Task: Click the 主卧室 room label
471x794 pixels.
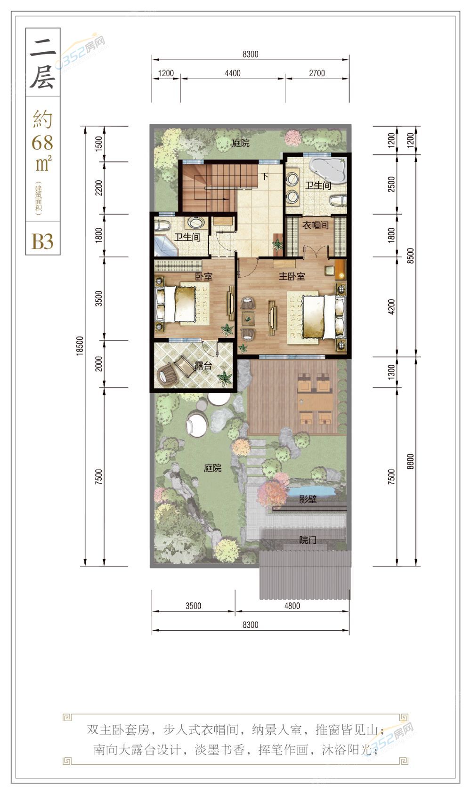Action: click(292, 276)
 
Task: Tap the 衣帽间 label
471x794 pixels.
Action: click(315, 225)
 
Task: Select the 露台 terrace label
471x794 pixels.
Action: click(203, 365)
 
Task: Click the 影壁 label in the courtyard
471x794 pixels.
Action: click(308, 499)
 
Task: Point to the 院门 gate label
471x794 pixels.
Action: click(308, 540)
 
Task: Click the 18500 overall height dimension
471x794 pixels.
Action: click(80, 345)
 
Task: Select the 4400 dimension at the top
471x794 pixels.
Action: click(233, 73)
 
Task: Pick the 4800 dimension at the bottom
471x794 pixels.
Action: click(292, 606)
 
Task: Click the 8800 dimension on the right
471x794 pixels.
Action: click(410, 462)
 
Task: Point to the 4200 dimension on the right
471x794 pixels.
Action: click(391, 306)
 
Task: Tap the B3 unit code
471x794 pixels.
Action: click(42, 241)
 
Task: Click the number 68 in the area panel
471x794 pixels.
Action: click(42, 143)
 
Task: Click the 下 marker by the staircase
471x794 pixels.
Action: click(265, 176)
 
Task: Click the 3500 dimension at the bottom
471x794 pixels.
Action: click(193, 606)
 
